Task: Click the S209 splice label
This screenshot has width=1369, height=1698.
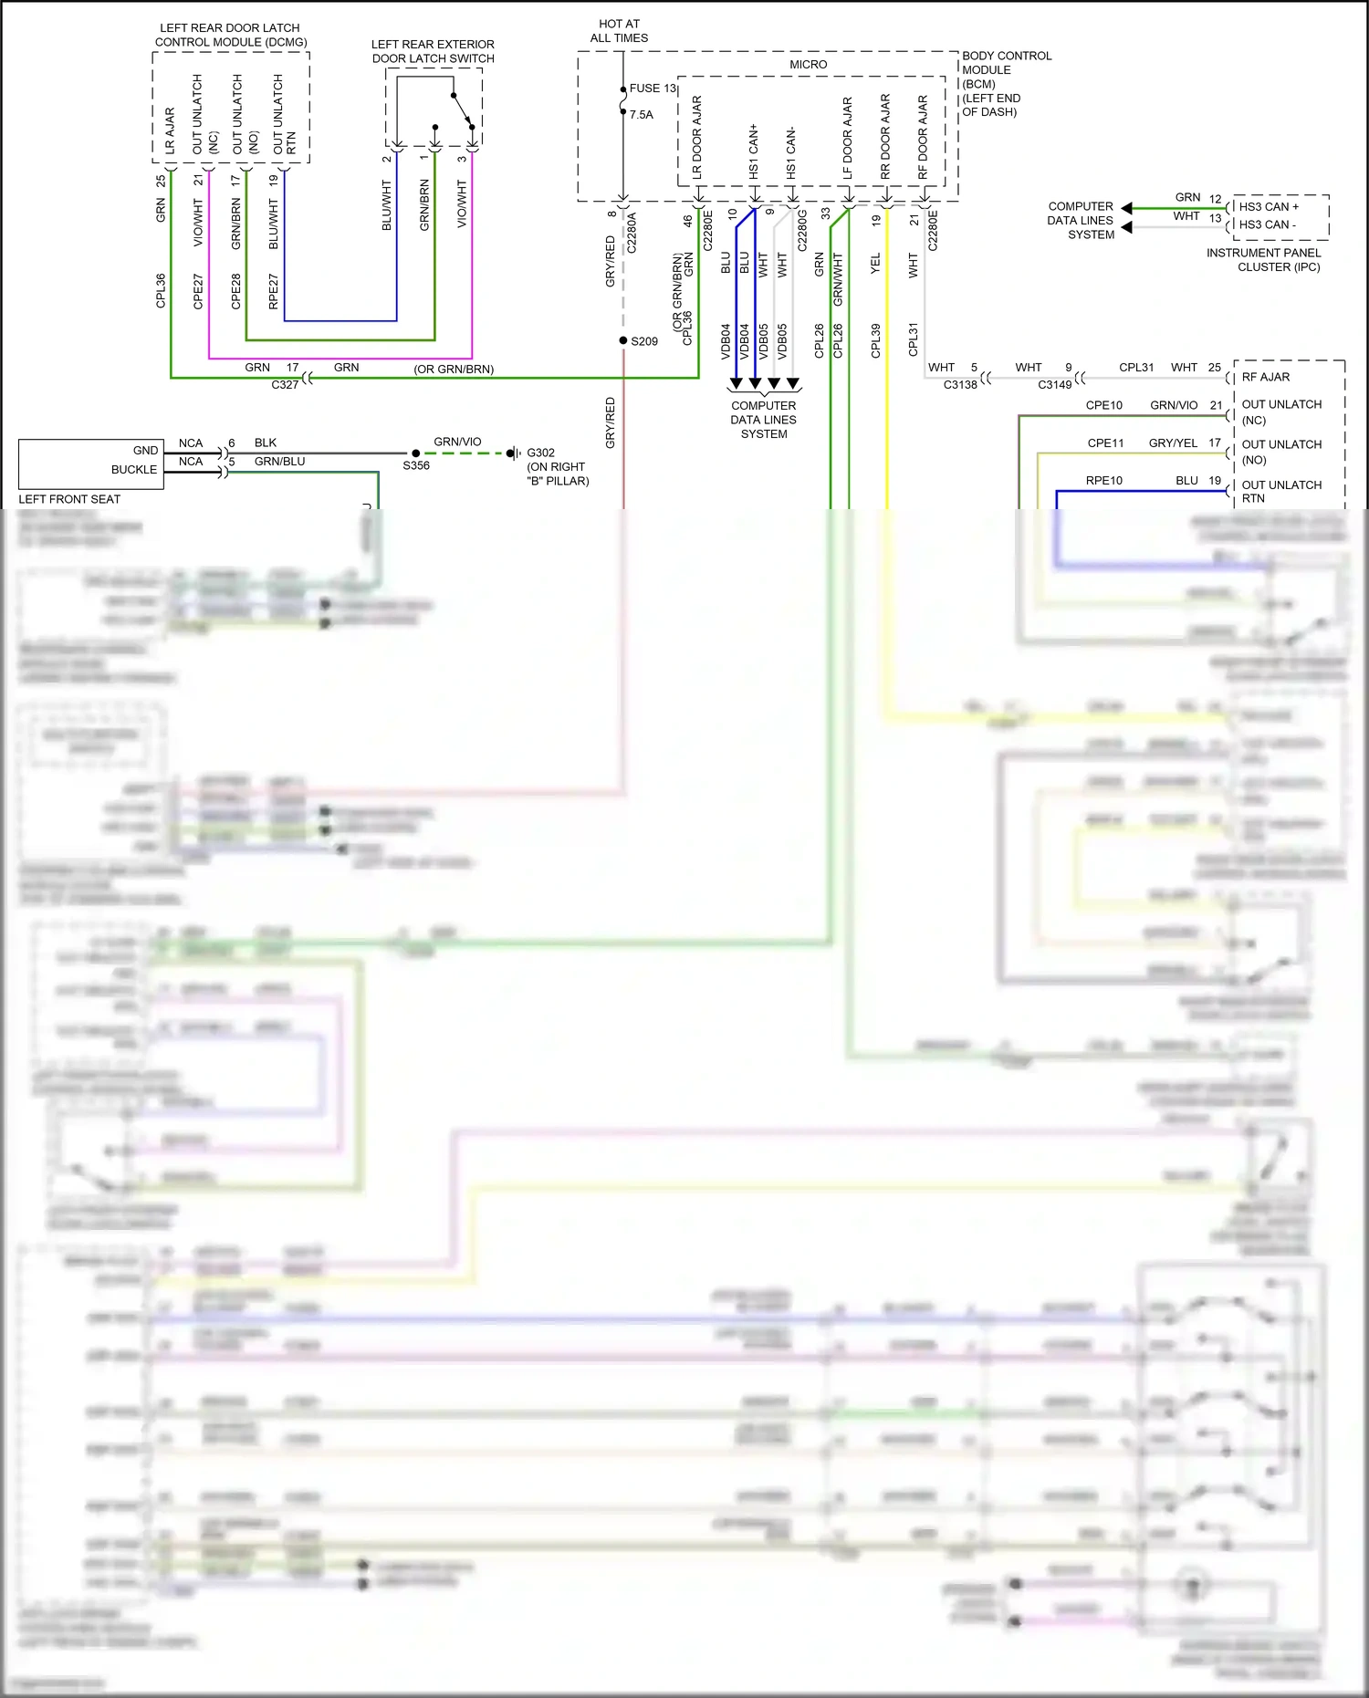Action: [644, 341]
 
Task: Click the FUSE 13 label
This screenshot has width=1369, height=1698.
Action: [653, 89]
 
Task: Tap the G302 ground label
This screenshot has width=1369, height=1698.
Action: [540, 453]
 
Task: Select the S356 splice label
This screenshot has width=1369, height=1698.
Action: [416, 465]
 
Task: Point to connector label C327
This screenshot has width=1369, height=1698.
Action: [285, 385]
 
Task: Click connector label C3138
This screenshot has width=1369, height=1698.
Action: [960, 385]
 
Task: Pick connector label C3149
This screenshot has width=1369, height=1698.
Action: [1054, 385]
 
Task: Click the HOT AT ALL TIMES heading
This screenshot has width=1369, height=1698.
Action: [619, 31]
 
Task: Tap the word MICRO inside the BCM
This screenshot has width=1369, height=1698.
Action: [808, 65]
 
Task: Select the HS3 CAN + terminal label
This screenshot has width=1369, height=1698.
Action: [1269, 207]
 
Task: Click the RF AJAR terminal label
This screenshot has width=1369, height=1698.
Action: [1265, 377]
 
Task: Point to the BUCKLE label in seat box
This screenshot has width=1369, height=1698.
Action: [134, 470]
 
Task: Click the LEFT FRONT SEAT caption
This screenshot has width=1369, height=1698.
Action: [69, 499]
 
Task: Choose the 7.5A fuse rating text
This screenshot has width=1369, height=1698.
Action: [642, 115]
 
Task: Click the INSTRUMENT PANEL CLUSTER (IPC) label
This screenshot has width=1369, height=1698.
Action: [1263, 260]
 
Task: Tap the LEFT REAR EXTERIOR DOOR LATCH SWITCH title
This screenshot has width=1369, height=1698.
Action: [433, 51]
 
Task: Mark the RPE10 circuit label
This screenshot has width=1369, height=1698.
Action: [1103, 481]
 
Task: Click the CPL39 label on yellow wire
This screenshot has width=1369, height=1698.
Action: [875, 340]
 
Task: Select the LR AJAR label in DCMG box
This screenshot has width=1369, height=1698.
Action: [170, 129]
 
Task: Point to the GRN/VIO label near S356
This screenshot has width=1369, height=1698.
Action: [457, 442]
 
